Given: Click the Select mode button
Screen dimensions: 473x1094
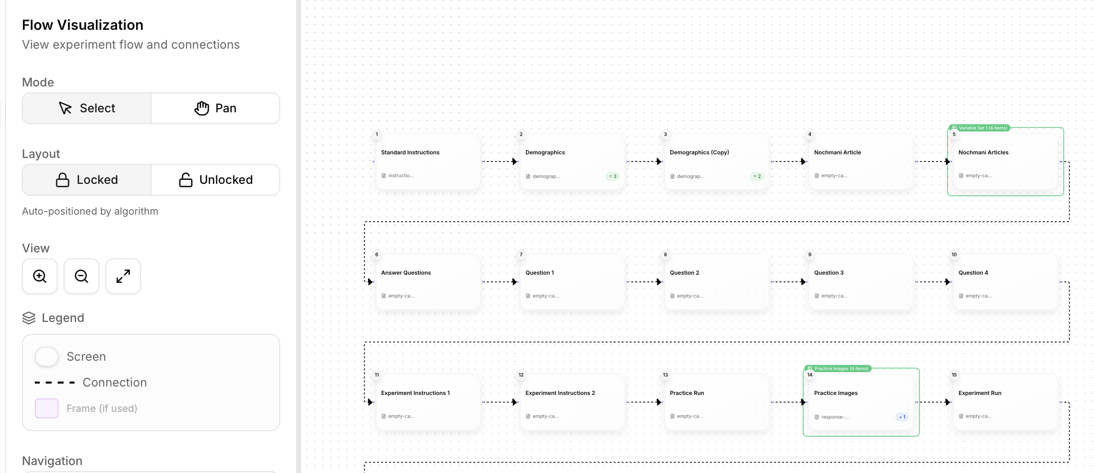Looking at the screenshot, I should pos(87,108).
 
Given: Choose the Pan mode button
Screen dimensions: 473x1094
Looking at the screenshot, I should pos(215,108).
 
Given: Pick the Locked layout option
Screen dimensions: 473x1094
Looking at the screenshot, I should pos(87,180).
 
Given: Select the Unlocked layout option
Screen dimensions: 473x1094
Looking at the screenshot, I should pos(215,180).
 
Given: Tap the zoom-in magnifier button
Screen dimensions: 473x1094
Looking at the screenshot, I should pos(40,276).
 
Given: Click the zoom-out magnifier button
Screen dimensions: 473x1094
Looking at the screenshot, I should pos(81,276).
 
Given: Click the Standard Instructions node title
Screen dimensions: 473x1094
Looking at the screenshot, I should pos(410,153).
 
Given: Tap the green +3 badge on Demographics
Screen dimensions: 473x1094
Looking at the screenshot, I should pos(613,176).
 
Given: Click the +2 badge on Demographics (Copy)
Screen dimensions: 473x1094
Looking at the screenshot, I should pos(757,176).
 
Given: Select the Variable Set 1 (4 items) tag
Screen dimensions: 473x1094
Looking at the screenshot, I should pos(979,128).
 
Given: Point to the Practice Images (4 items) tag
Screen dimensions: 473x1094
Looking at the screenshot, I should pos(838,369).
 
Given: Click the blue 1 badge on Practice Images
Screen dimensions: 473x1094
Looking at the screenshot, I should pos(902,417).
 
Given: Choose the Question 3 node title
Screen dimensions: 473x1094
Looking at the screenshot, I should pos(829,273).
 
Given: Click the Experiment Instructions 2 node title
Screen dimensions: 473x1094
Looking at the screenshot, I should pos(560,393).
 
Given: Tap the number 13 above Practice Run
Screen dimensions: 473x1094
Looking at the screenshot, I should pos(665,375).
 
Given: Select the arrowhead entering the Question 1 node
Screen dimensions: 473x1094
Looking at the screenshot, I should pos(515,282).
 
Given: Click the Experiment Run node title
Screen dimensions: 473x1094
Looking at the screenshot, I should pos(980,393).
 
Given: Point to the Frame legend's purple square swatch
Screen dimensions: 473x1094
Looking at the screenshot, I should pos(47,408).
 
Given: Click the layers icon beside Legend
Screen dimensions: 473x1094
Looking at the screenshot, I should pos(29,318).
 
